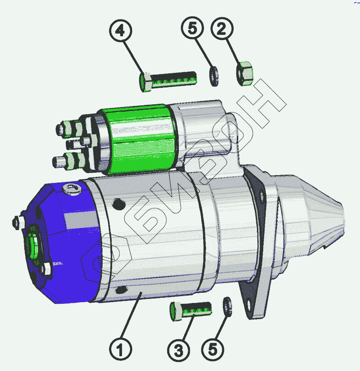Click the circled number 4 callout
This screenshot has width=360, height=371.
coord(121,31)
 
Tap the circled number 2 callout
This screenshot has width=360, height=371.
coord(222,28)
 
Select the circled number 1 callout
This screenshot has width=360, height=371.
coord(121,349)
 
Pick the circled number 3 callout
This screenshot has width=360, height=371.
coord(178,350)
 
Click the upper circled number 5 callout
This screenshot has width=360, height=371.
coord(192,28)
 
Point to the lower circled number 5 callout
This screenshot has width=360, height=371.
coord(213,350)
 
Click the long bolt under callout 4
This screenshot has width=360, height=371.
coord(168,81)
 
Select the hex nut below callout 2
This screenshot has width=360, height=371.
coord(245,73)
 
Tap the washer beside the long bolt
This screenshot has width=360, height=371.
coord(214,76)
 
